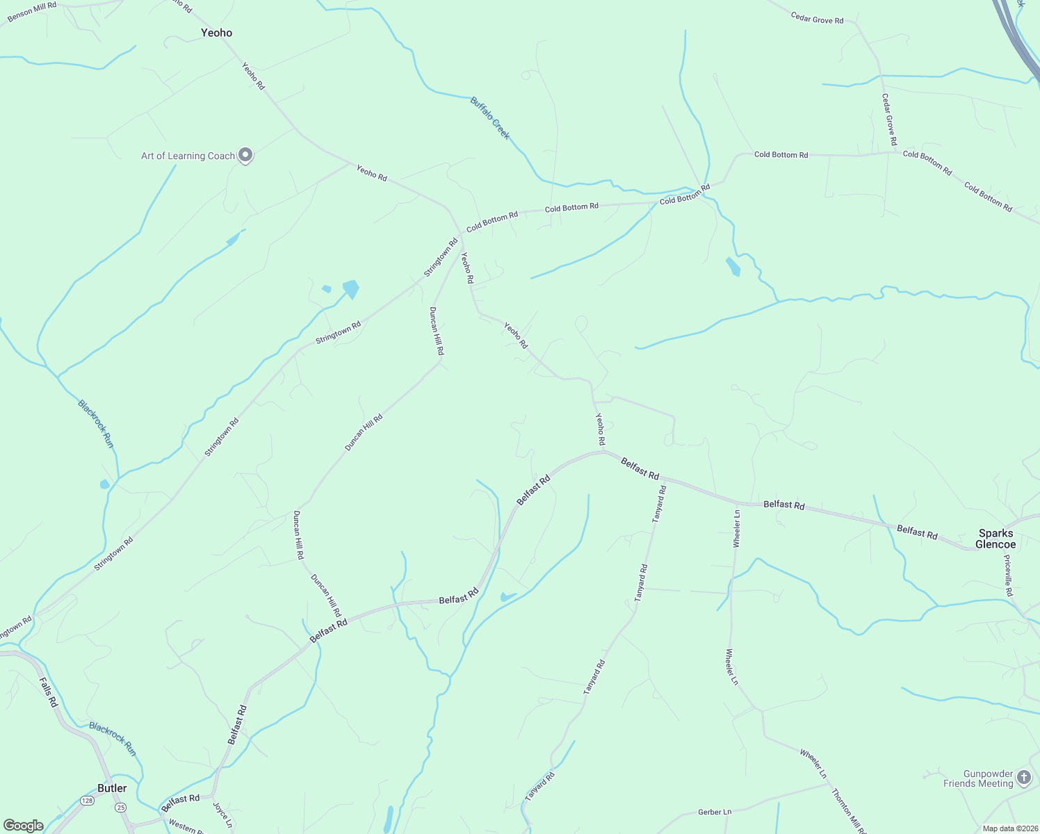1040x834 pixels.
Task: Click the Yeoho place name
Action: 216,33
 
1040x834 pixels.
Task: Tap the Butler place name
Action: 112,788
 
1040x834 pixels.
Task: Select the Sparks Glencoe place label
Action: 996,539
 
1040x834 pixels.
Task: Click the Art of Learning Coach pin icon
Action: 245,155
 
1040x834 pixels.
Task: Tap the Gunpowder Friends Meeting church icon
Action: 1024,777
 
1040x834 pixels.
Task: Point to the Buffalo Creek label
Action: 490,117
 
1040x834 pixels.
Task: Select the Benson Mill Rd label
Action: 32,11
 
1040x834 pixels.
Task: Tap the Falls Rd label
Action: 48,692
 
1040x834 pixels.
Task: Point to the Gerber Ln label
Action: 715,812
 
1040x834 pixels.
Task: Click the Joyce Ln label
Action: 222,815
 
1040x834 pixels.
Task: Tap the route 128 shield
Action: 87,801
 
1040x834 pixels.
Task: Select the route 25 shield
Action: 121,808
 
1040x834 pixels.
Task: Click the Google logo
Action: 23,826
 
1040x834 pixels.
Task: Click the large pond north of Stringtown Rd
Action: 351,288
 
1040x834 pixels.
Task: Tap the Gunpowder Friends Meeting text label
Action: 978,778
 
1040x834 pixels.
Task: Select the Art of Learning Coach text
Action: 188,156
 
